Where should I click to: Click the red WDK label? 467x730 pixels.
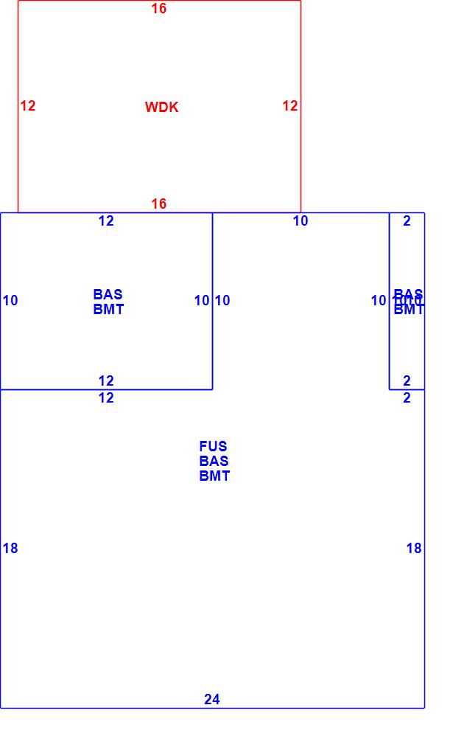(161, 108)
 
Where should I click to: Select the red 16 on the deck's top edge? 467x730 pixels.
(159, 9)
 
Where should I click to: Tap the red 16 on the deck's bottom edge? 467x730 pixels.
(159, 204)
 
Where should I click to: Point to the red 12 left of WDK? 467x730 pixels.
(28, 106)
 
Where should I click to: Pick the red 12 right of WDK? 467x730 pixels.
(290, 106)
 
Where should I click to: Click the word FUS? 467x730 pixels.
(213, 446)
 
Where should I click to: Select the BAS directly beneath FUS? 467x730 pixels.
(214, 461)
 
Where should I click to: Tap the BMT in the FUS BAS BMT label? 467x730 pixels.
(214, 476)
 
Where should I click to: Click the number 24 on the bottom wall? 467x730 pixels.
(212, 700)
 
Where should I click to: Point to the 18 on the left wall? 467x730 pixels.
(10, 549)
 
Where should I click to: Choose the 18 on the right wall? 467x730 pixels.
(414, 549)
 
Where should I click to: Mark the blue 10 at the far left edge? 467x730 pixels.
(10, 301)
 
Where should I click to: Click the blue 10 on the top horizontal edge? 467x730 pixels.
(301, 221)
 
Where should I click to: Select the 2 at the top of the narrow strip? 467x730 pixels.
(407, 221)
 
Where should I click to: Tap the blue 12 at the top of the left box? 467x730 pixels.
(107, 221)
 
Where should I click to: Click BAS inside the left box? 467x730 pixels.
(108, 294)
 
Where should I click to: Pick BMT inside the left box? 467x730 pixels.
(108, 310)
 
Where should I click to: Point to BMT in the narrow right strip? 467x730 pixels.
(409, 310)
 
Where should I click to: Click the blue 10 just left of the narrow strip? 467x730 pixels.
(379, 301)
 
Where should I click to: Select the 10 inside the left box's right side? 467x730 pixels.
(202, 301)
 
